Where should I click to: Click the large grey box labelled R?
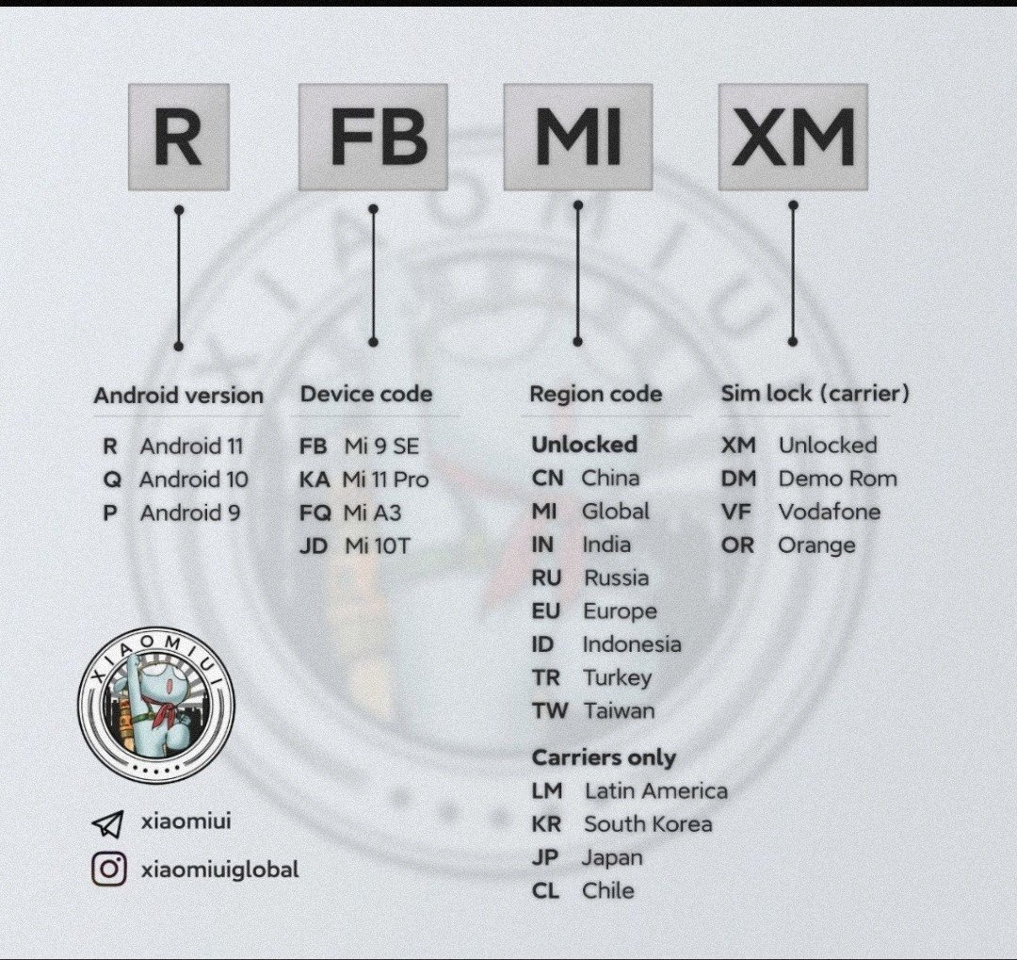point(179,137)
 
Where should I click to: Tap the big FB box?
point(373,137)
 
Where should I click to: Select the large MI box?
point(578,137)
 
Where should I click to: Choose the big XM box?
point(793,137)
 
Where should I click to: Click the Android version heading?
point(178,396)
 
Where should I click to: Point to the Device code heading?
point(365,394)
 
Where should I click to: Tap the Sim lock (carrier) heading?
point(815,394)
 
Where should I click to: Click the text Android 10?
point(193,480)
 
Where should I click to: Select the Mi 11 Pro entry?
point(385,480)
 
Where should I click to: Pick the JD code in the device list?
point(314,545)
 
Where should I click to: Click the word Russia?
point(616,578)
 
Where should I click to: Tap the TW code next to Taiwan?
point(549,710)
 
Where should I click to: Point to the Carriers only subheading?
point(604,757)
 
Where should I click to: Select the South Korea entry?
point(648,824)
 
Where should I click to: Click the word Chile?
point(607,890)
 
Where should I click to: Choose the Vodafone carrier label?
point(830,513)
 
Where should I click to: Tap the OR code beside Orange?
point(737,545)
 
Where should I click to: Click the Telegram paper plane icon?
point(107,823)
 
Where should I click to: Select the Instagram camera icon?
point(109,869)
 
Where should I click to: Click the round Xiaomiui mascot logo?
point(156,705)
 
